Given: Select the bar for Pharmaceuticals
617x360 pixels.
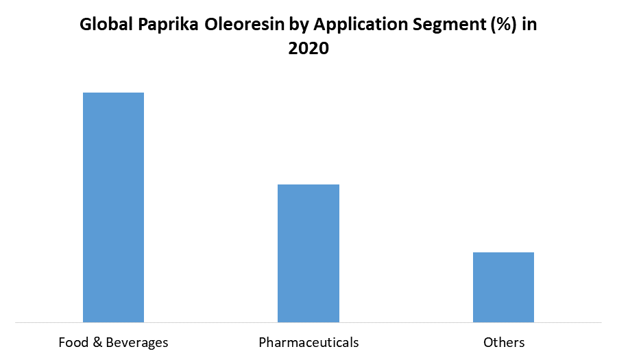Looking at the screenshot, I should coord(308,253).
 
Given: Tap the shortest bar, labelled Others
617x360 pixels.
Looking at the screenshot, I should coord(503,287).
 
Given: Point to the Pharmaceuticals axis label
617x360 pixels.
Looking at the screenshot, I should coord(308,342).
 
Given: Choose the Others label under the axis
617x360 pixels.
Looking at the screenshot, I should coord(504,342).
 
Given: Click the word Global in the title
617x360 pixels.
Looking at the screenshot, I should coord(106,26).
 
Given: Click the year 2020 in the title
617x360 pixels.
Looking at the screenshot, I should coord(308,49).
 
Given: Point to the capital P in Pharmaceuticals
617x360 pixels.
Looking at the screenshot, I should coord(263,342).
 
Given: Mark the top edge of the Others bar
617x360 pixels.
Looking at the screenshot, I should coord(503,253).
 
